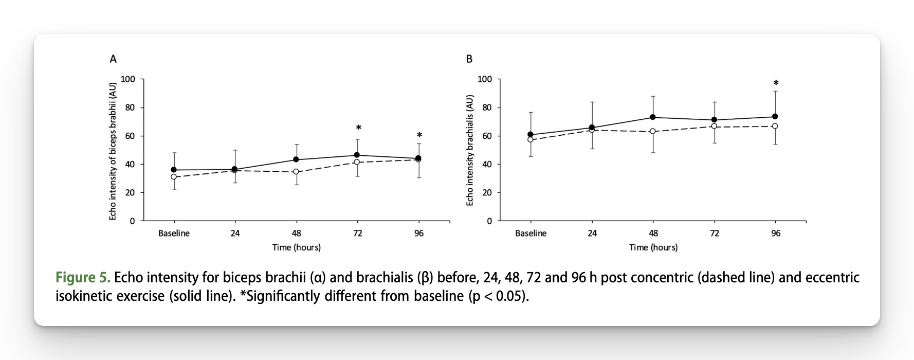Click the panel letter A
click(113, 59)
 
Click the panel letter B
click(469, 59)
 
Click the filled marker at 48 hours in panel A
click(296, 159)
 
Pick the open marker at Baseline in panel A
click(174, 177)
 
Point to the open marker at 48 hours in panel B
click(653, 131)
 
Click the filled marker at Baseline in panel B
click(531, 135)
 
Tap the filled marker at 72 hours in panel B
click(714, 120)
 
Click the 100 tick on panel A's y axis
click(128, 79)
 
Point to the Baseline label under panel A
click(174, 233)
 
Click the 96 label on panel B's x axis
click(776, 233)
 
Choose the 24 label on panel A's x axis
click(235, 233)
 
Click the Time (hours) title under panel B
click(653, 247)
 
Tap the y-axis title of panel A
click(113, 151)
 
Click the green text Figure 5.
click(83, 278)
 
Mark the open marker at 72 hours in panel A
click(357, 162)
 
